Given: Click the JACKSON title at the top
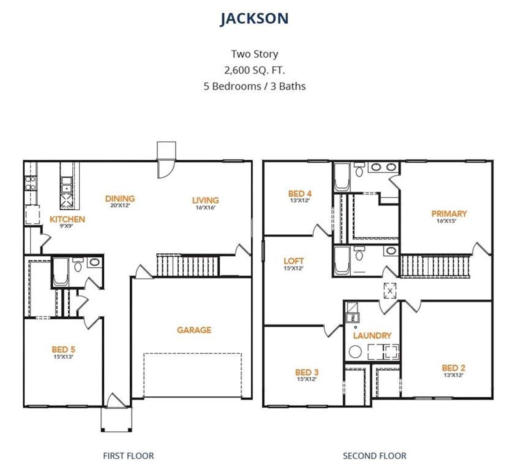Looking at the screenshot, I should pyautogui.click(x=254, y=19).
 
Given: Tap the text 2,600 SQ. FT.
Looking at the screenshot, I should pyautogui.click(x=254, y=70).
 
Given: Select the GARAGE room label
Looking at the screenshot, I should pyautogui.click(x=194, y=330).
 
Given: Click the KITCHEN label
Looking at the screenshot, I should pyautogui.click(x=67, y=219).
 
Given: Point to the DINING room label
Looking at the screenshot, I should pyautogui.click(x=120, y=199).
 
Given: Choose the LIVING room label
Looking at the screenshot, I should pyautogui.click(x=205, y=200).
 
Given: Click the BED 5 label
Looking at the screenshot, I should pyautogui.click(x=63, y=349).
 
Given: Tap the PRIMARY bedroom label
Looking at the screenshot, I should pyautogui.click(x=449, y=214).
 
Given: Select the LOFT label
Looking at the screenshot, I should pyautogui.click(x=294, y=261).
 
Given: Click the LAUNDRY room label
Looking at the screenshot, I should pyautogui.click(x=372, y=336).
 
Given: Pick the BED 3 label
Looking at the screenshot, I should pyautogui.click(x=307, y=372).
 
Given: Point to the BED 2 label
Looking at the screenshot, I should pyautogui.click(x=453, y=368).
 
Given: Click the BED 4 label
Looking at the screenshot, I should pyautogui.click(x=300, y=194).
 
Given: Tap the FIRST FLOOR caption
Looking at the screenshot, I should pyautogui.click(x=128, y=456).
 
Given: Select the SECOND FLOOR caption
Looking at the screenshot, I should pyautogui.click(x=374, y=456).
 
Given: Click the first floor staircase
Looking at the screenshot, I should pyautogui.click(x=187, y=266).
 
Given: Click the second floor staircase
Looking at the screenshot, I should pyautogui.click(x=435, y=266).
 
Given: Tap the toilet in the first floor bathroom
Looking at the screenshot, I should pyautogui.click(x=78, y=266).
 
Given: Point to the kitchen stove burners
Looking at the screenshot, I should pyautogui.click(x=30, y=183).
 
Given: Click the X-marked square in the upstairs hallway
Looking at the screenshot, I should pyautogui.click(x=390, y=291).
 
